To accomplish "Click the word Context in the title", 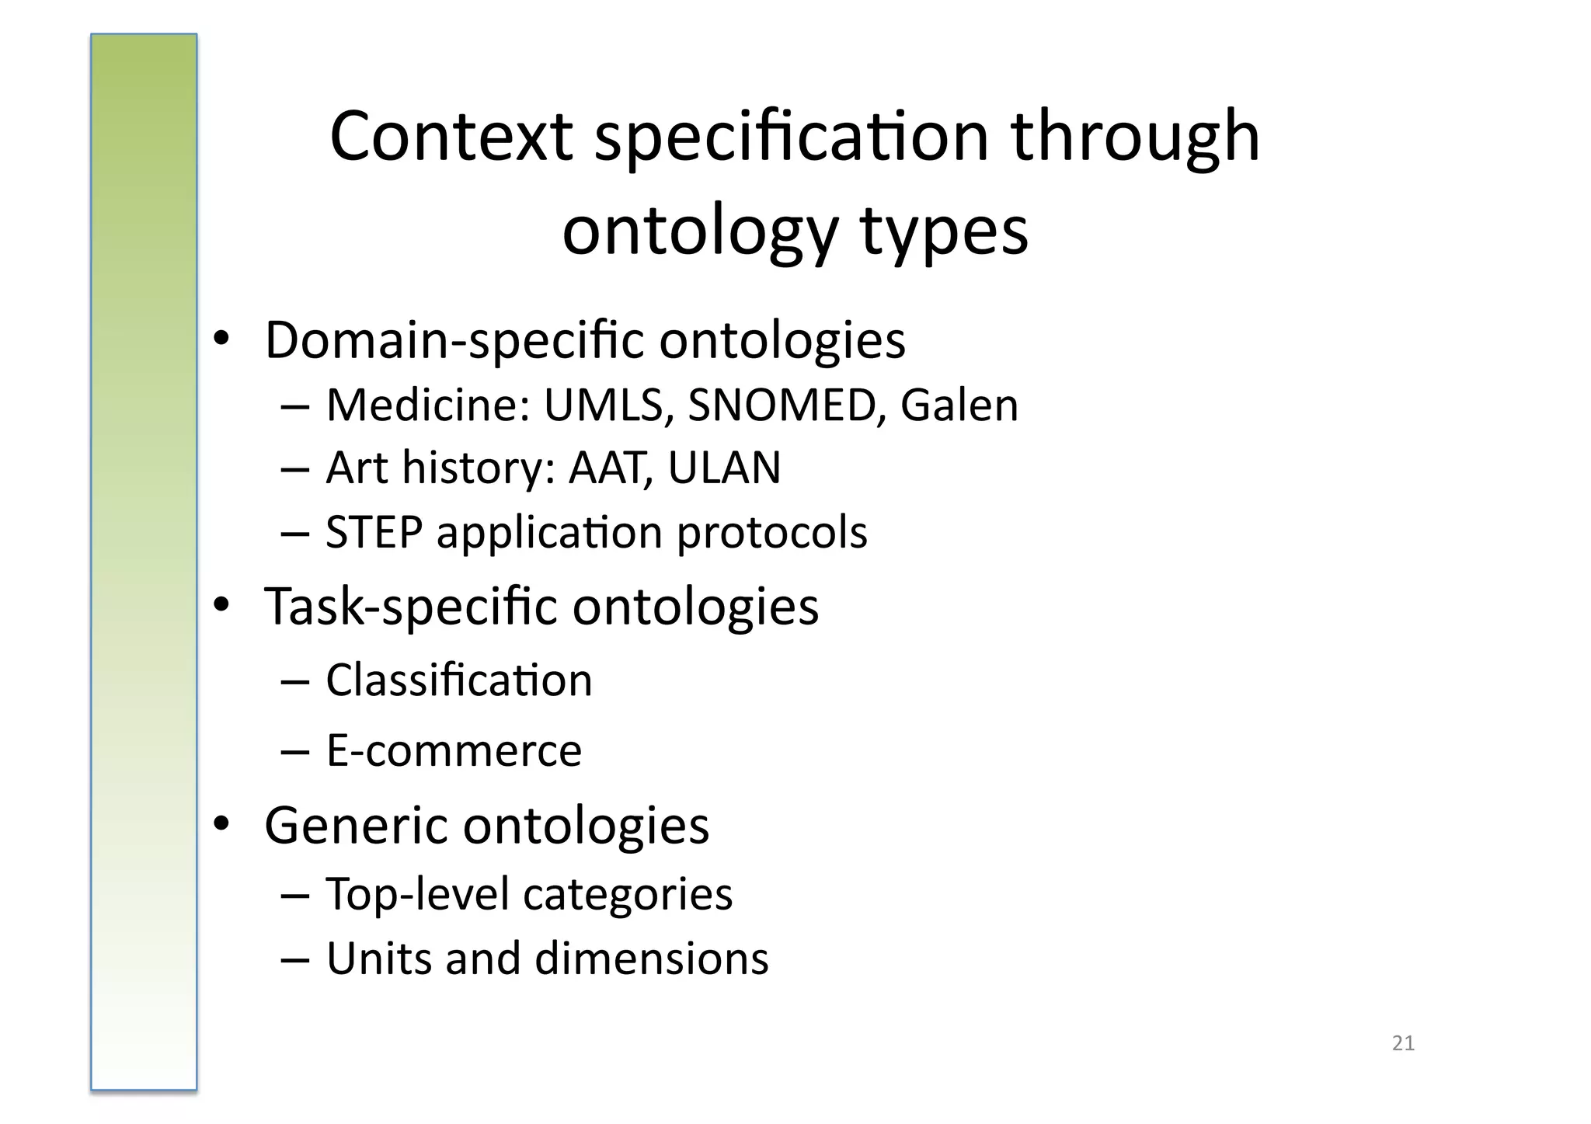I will pos(451,137).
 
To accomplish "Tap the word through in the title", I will pos(1135,137).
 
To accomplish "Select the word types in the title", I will pos(944,231).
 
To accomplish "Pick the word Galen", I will pos(959,405).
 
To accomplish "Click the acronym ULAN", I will pos(724,468).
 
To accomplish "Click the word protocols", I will pos(771,534).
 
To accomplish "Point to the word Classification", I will pos(458,680).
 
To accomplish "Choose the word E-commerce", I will pos(454,751).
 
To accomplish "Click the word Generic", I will pos(353,825).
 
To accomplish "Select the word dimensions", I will pos(651,959).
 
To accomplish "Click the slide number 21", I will pos(1403,1043).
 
